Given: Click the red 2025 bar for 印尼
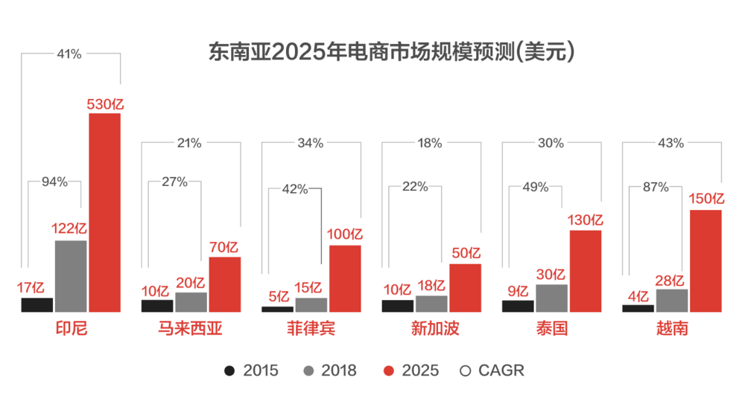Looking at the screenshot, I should [104, 212].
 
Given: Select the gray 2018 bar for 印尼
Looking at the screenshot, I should [71, 275].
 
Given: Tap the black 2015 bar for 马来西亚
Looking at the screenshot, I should [156, 305].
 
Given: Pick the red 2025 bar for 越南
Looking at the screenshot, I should [706, 260].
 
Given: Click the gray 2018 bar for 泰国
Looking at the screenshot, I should [551, 298].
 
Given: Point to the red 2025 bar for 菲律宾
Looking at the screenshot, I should [345, 278].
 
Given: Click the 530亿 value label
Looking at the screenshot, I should [105, 104].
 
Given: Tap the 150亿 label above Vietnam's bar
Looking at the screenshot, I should [706, 199].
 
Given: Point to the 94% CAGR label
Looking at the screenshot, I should [54, 182].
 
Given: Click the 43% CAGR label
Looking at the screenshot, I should [671, 143].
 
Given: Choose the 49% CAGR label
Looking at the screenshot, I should [535, 187].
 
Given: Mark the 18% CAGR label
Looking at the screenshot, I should [430, 143].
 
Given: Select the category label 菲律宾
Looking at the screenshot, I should [311, 328].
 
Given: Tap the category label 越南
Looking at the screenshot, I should [671, 328].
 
